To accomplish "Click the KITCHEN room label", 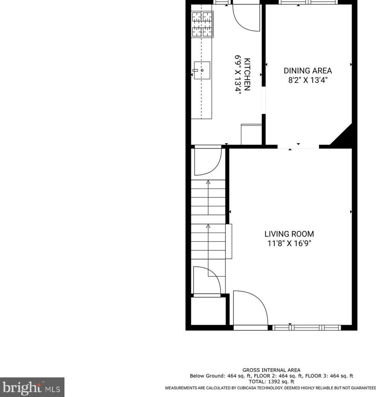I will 247,74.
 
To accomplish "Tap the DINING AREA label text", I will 308,71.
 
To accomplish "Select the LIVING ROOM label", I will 289,234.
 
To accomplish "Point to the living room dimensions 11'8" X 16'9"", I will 289,244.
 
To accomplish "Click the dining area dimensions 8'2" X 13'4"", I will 308,80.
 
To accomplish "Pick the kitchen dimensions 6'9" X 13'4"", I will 238,74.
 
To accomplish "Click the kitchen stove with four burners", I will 202,24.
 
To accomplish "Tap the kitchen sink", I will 202,70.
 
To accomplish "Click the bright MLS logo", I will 32,387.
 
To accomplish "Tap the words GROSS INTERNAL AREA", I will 271,370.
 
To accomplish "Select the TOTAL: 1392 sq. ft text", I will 271,381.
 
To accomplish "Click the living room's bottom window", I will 306,328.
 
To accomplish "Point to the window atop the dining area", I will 308,2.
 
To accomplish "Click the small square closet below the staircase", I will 208,310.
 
